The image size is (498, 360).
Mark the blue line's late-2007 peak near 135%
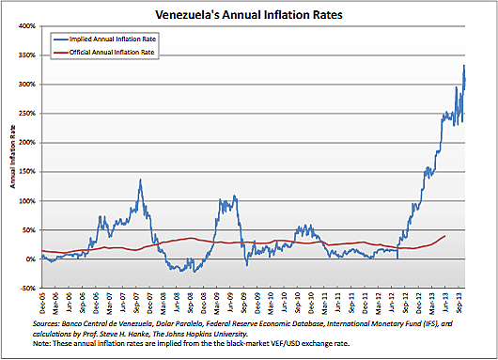[x=140, y=180]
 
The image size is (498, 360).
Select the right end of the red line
[x=444, y=236]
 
